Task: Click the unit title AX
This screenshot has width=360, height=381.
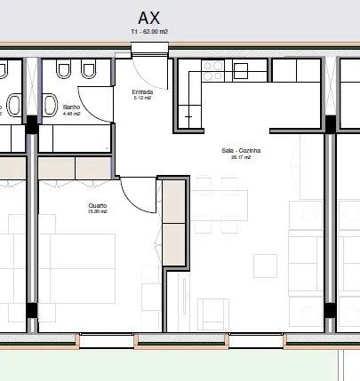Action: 148,18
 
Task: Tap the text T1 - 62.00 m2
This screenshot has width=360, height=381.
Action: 149,31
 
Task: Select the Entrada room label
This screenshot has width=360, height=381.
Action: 142,92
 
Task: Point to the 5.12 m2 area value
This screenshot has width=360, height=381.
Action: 142,98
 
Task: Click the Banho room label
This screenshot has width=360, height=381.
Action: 71,107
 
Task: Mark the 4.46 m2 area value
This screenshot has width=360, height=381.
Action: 71,114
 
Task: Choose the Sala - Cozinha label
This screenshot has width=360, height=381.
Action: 241,151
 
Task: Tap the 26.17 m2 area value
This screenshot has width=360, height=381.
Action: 241,157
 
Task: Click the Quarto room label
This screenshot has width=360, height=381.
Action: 98,205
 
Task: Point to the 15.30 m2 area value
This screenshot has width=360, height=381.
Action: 98,211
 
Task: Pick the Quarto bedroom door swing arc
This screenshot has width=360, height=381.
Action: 132,202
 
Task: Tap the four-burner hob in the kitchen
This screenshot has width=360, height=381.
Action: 213,71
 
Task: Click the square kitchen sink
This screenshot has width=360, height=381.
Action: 241,71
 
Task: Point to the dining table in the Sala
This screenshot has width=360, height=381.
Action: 220,205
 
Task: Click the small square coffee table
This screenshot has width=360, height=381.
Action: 265,266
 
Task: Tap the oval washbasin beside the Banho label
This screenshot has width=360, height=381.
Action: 50,105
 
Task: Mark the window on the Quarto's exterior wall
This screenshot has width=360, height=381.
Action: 107,340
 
